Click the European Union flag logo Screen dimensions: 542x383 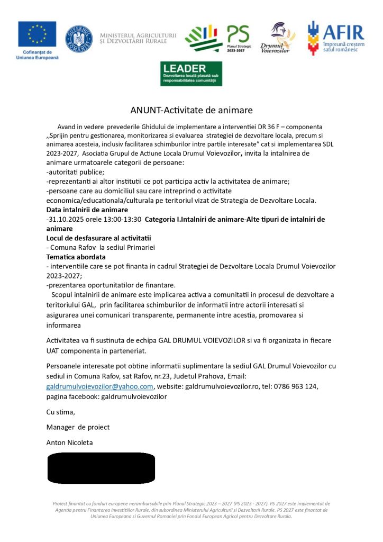[x=37, y=34]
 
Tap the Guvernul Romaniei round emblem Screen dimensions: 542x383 [x=78, y=39]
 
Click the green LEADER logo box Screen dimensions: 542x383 [x=191, y=74]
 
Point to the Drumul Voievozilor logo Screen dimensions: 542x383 [x=278, y=38]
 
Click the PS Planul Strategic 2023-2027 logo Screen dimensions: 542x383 [x=218, y=38]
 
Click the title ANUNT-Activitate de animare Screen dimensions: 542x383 [x=191, y=110]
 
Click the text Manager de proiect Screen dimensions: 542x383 [x=78, y=427]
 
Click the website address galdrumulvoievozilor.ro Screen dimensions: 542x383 [x=225, y=386]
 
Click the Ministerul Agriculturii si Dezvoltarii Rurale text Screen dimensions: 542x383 [x=138, y=37]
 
